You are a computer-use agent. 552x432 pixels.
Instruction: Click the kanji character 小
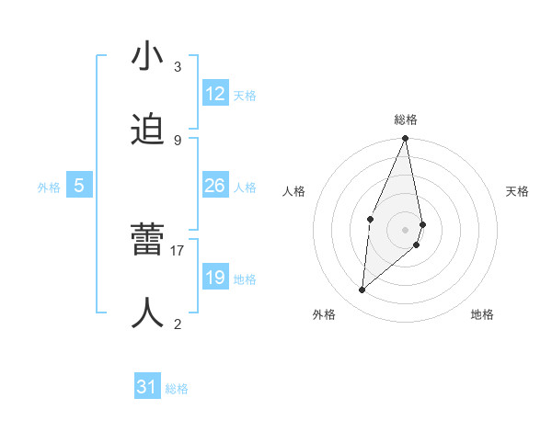click(x=148, y=57)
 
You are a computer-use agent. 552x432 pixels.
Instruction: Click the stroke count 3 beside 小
click(x=178, y=67)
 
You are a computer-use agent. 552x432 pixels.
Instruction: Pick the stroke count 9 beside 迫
click(x=178, y=140)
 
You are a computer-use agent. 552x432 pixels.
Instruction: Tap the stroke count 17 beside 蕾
click(x=178, y=250)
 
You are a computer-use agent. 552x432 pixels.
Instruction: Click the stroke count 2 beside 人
click(x=178, y=324)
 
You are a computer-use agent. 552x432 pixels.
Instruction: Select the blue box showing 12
click(x=215, y=94)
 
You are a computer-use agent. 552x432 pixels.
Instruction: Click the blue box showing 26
click(x=215, y=186)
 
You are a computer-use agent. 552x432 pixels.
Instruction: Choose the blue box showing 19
click(x=215, y=278)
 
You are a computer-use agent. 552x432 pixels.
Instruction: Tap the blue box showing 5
click(x=79, y=186)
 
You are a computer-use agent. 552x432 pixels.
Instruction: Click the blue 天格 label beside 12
click(x=245, y=96)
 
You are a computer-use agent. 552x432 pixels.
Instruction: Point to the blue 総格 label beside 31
click(x=177, y=390)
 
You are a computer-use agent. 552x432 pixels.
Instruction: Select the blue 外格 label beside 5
click(x=49, y=188)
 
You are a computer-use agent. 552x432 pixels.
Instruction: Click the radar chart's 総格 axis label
click(x=406, y=119)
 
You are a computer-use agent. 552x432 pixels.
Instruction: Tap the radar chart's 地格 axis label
click(x=482, y=315)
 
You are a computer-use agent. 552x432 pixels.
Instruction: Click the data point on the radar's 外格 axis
click(x=362, y=290)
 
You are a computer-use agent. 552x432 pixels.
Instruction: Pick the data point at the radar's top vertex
click(x=406, y=139)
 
